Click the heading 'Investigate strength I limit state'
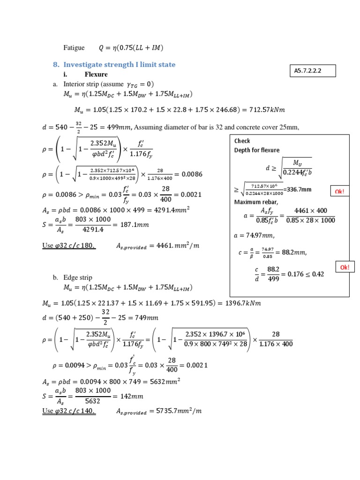[119, 64]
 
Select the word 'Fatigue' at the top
[74, 47]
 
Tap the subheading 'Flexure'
[96, 74]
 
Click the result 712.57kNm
[268, 110]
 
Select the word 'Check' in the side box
[242, 141]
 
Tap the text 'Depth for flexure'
[256, 150]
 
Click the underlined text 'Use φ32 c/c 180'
[69, 245]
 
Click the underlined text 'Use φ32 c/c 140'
[69, 411]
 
